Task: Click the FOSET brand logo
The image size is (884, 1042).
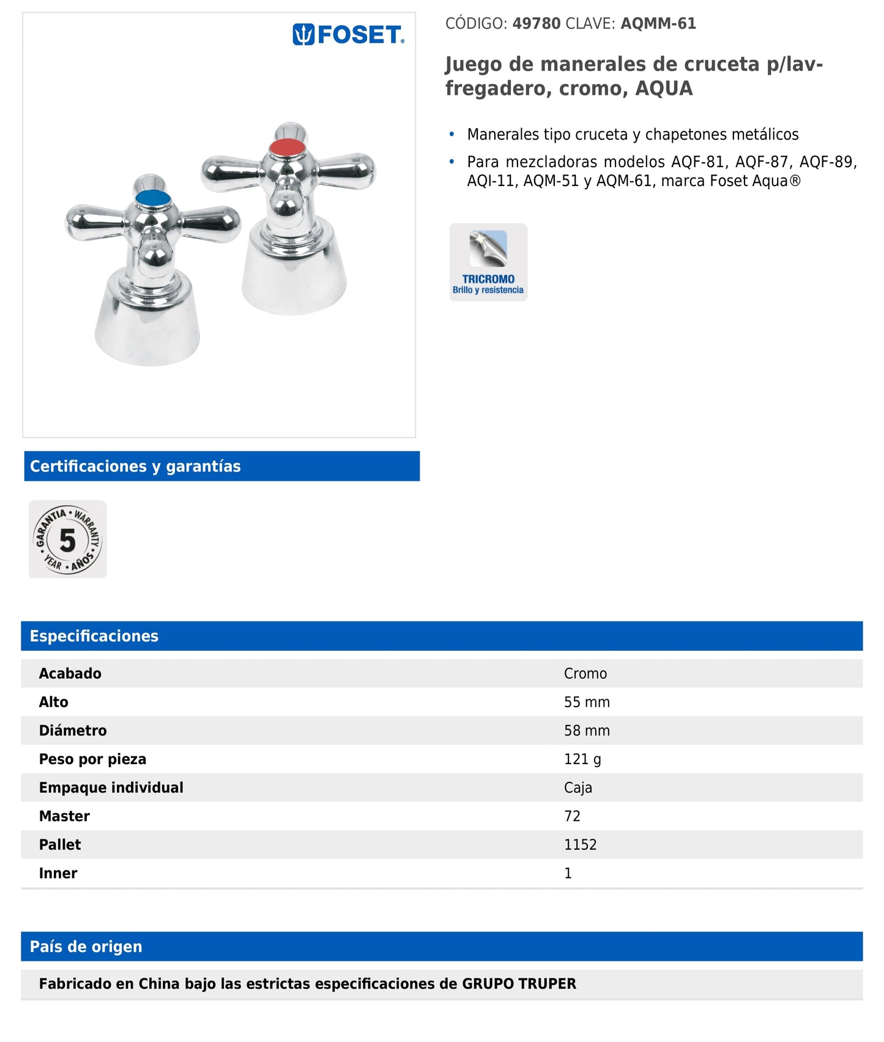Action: pos(348,35)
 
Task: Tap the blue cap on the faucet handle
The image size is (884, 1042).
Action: pos(152,198)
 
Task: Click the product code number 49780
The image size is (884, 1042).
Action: pos(536,24)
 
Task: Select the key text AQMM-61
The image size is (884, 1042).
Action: pos(658,24)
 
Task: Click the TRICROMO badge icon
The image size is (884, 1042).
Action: pos(488,262)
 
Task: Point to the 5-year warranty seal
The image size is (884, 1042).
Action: pos(68,539)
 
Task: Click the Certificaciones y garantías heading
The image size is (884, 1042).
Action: pos(135,467)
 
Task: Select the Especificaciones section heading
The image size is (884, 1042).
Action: pos(94,636)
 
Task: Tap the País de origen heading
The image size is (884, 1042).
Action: pos(86,946)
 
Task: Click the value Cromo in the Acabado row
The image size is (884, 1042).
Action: pos(585,673)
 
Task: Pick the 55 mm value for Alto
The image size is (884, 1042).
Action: pos(587,702)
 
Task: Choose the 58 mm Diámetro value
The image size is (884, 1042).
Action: pos(587,730)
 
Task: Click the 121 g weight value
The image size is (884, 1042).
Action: pos(582,759)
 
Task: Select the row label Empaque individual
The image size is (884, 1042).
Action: pos(111,787)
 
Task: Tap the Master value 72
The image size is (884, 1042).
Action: pos(572,816)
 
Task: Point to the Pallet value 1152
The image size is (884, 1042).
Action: pos(580,845)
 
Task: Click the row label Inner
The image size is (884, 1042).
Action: pos(58,873)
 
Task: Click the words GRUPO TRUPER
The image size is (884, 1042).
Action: pos(519,984)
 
